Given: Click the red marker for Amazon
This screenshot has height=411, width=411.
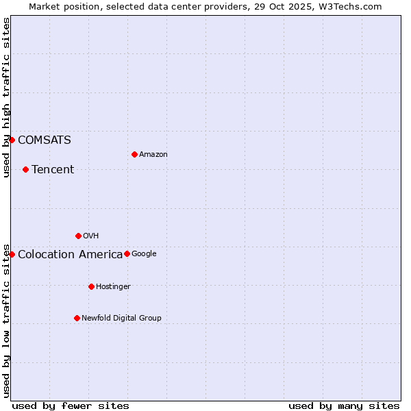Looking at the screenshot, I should point(134,154).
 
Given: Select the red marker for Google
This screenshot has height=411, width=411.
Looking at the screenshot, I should point(127,253).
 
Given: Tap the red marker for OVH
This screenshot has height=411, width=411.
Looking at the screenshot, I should point(78,236).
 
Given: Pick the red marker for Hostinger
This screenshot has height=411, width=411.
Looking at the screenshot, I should point(91,286).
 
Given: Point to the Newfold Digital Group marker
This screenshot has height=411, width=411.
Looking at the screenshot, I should point(77,318).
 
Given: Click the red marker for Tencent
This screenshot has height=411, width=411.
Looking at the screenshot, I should point(25,169).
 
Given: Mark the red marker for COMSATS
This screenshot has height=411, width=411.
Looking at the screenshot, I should point(12,140).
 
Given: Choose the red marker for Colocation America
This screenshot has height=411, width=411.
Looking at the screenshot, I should point(12,254).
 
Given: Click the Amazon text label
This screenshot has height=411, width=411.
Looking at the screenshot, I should point(153,155).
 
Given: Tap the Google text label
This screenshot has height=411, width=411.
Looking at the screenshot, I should point(144,254).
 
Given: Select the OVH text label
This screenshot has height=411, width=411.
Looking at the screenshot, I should point(91,236).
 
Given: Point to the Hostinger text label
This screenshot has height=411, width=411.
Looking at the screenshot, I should point(113,287).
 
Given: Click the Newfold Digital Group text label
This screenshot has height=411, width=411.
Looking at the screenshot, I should point(121,319).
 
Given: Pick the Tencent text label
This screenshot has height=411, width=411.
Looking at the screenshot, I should point(53,170).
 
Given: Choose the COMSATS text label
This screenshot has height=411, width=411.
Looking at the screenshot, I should point(45,140).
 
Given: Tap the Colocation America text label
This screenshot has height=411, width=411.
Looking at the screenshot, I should point(70,255).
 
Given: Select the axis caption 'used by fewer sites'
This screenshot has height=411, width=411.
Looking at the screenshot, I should point(71,406).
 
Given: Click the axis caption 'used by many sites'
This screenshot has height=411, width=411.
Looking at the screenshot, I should point(344,406).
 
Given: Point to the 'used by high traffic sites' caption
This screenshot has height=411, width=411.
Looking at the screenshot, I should point(6,97).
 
